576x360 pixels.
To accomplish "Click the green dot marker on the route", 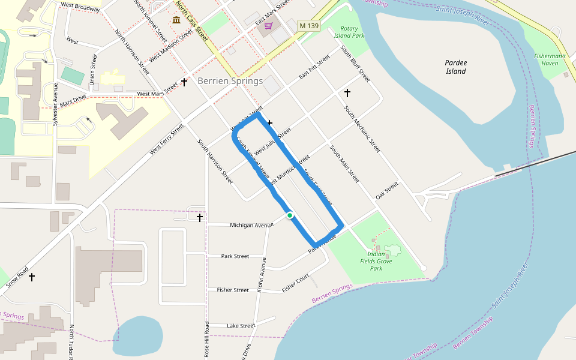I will pyautogui.click(x=290, y=215).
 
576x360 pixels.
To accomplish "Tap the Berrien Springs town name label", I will pyautogui.click(x=230, y=81).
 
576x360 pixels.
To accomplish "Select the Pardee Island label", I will pyautogui.click(x=456, y=67).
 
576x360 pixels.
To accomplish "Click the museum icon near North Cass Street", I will pyautogui.click(x=176, y=20).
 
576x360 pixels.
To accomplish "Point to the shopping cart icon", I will pyautogui.click(x=268, y=26).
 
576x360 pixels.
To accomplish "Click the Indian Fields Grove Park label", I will pyautogui.click(x=376, y=261).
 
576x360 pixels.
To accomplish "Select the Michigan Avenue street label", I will pyautogui.click(x=251, y=225).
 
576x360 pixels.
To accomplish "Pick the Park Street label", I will pyautogui.click(x=235, y=256).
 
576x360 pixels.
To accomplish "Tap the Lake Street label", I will pyautogui.click(x=241, y=326).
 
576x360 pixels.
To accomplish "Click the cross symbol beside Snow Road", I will pyautogui.click(x=32, y=277).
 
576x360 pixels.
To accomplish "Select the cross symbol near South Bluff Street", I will pyautogui.click(x=347, y=93).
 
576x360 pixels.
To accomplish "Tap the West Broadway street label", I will pyautogui.click(x=80, y=8).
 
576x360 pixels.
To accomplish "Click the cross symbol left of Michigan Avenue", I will pyautogui.click(x=199, y=217).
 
